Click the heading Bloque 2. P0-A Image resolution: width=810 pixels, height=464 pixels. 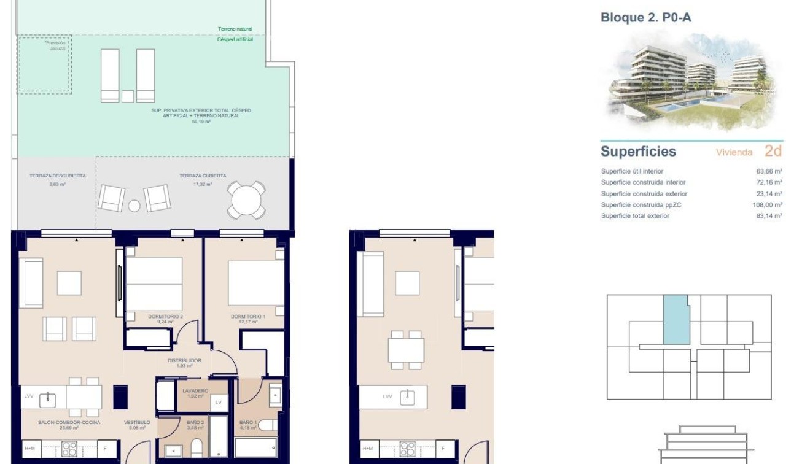pos(645,18)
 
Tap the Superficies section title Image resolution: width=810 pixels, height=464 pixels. pos(638,152)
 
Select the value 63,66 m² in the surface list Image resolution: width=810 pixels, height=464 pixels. pos(769,172)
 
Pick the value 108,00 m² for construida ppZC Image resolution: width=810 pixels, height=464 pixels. pos(767,205)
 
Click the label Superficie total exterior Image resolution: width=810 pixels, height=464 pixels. pos(635,216)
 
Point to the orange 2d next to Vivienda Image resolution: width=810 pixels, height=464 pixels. pos(773,151)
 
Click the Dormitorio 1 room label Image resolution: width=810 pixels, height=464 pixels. pos(246,316)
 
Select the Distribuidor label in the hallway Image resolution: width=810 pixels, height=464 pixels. pos(185,361)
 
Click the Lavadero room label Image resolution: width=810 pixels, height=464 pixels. pos(195,390)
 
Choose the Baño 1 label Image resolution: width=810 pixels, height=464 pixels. pos(247,422)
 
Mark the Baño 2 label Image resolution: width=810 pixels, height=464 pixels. pos(195,422)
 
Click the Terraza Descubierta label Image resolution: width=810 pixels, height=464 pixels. pos(57,176)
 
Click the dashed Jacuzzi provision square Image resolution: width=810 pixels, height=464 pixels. pos(44,64)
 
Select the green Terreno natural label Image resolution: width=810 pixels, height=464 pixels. pos(235,29)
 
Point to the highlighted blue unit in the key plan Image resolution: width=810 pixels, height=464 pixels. pos(676,319)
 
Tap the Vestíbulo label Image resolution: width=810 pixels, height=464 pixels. pos(137,422)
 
